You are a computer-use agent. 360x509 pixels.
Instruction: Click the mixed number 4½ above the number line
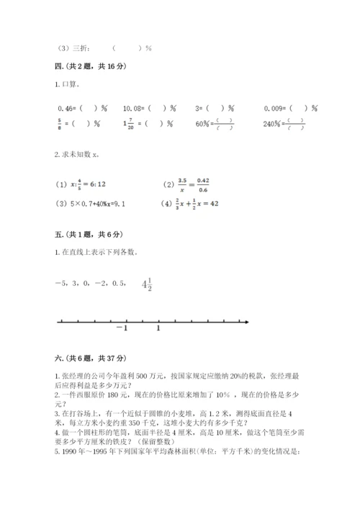tap(147, 284)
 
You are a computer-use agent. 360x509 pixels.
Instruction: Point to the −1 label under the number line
tap(120, 329)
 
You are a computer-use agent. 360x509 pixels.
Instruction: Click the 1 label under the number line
tap(158, 329)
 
